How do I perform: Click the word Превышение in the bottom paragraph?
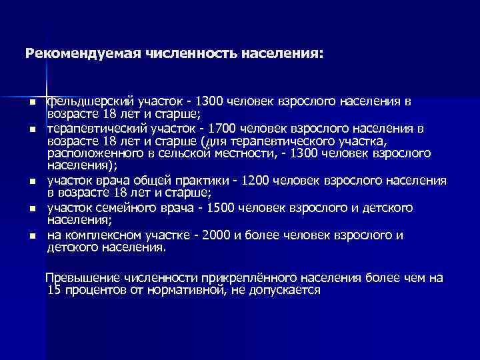click(77, 277)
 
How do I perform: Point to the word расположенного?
click(91, 153)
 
